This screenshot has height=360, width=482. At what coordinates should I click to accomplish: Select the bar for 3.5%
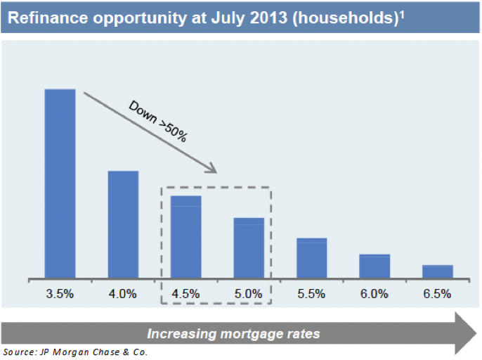tap(60, 183)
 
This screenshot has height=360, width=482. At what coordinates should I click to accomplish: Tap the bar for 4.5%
tap(186, 236)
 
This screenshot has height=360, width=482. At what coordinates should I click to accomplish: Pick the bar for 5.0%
tap(249, 247)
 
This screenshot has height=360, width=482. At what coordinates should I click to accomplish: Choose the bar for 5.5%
tap(311, 257)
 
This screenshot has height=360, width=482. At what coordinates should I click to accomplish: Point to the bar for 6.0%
tap(374, 266)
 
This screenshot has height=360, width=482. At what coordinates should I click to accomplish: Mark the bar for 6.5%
tap(437, 271)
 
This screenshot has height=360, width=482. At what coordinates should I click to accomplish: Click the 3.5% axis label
tap(60, 294)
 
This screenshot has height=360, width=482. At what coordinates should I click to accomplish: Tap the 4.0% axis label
tap(123, 294)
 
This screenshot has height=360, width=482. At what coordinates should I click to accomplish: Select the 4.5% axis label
tap(186, 294)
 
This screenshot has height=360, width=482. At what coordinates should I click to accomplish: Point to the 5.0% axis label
tap(249, 294)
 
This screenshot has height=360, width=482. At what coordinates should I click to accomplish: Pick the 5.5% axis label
tap(311, 294)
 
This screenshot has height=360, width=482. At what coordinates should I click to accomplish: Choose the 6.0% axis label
tap(374, 294)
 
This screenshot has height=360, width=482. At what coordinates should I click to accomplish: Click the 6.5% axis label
tap(437, 294)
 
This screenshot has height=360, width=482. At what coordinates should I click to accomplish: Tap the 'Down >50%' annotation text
tap(158, 121)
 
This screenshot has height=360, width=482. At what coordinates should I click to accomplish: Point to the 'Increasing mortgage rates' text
tap(233, 332)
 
